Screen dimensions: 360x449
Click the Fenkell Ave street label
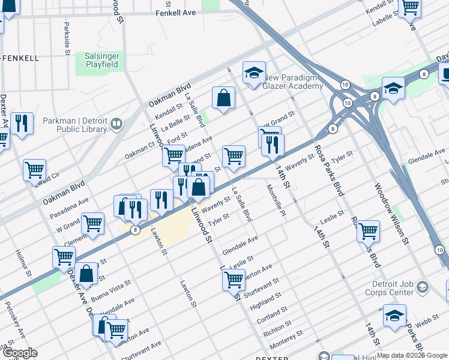[176, 13]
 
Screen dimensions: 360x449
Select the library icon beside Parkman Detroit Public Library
[116, 125]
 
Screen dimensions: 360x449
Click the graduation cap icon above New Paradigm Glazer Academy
[254, 73]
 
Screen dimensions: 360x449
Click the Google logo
[19, 353]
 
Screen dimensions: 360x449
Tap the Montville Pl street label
[275, 202]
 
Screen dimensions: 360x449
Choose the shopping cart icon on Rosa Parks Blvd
[368, 230]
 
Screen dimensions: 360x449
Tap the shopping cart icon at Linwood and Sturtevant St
[233, 278]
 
